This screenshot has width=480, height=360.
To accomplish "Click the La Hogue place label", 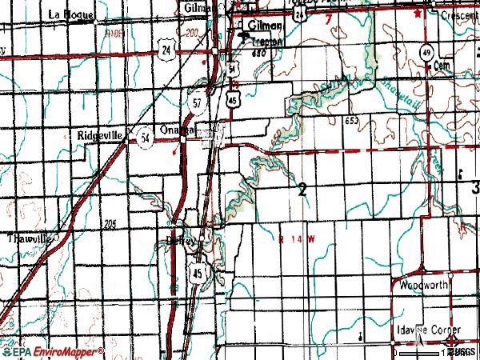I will click(66, 13).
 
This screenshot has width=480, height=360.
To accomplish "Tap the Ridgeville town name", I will click(100, 136).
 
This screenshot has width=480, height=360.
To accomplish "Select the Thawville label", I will click(29, 238).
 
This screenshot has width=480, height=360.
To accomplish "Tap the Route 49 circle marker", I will click(430, 52).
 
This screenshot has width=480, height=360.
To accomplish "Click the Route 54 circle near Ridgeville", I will click(143, 136).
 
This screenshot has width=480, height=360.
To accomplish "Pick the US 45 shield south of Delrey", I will click(198, 274).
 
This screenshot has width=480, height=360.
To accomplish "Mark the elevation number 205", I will click(110, 223).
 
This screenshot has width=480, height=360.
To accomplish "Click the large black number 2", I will click(302, 190).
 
